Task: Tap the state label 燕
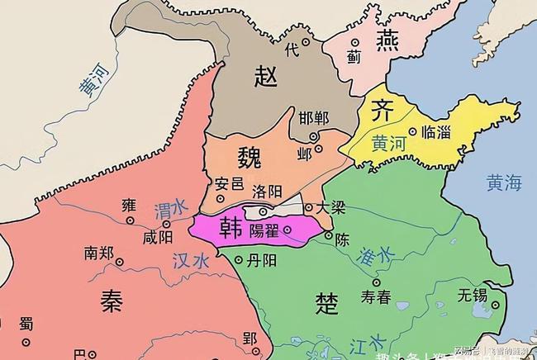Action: click(387, 40)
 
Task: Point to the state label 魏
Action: click(254, 156)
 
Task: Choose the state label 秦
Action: click(112, 301)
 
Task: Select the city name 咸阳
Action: click(159, 237)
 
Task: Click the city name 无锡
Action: click(473, 293)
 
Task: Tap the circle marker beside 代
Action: click(306, 40)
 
